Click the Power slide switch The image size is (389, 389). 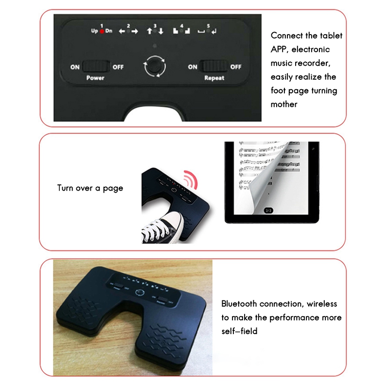coord(96,67)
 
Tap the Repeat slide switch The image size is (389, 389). coord(214,67)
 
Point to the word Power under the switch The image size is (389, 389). coord(95,78)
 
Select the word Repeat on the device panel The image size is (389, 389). coord(214,78)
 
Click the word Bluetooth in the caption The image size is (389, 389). coord(239,304)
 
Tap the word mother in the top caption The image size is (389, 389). coord(284,104)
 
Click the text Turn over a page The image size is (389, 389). coord(90,188)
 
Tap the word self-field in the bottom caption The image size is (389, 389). coord(239,331)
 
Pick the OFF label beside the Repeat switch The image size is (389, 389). coord(236,67)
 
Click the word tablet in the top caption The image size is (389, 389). coord(330,35)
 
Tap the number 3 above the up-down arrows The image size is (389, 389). coord(155,25)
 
